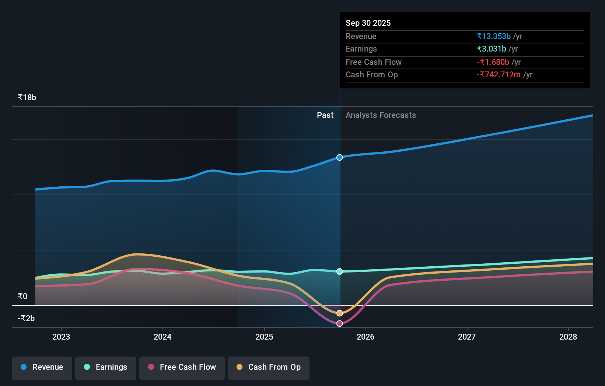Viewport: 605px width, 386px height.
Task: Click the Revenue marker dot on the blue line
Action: pyautogui.click(x=340, y=157)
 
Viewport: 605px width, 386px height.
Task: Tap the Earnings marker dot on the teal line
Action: pyautogui.click(x=340, y=271)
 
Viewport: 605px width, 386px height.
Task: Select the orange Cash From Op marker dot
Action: pyautogui.click(x=340, y=313)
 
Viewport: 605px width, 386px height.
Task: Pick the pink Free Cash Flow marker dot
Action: pyautogui.click(x=340, y=323)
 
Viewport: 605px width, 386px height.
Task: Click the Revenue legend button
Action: pyautogui.click(x=42, y=367)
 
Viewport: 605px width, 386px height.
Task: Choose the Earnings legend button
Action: pyautogui.click(x=106, y=367)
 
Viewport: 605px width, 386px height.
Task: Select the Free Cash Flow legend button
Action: pyautogui.click(x=182, y=367)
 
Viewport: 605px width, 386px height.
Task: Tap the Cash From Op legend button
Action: pyautogui.click(x=269, y=367)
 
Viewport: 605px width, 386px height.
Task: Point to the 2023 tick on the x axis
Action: pyautogui.click(x=61, y=337)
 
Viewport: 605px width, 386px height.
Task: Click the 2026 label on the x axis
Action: pyautogui.click(x=366, y=337)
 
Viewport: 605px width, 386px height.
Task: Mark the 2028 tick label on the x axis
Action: pyautogui.click(x=568, y=337)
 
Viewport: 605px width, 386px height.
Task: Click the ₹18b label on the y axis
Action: pyautogui.click(x=27, y=98)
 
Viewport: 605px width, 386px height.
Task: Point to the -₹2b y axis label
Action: pyautogui.click(x=26, y=318)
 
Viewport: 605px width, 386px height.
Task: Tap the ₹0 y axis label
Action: pyautogui.click(x=22, y=296)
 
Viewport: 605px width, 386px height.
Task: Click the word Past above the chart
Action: pyautogui.click(x=325, y=115)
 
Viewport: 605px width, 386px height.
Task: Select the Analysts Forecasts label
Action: pyautogui.click(x=381, y=115)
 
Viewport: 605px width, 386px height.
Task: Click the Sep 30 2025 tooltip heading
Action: pyautogui.click(x=368, y=23)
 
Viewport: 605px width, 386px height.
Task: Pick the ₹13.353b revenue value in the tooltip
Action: pyautogui.click(x=494, y=36)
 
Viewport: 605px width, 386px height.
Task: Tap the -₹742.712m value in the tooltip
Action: pyautogui.click(x=499, y=75)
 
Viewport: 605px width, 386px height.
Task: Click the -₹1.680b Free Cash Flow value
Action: pyautogui.click(x=493, y=62)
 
